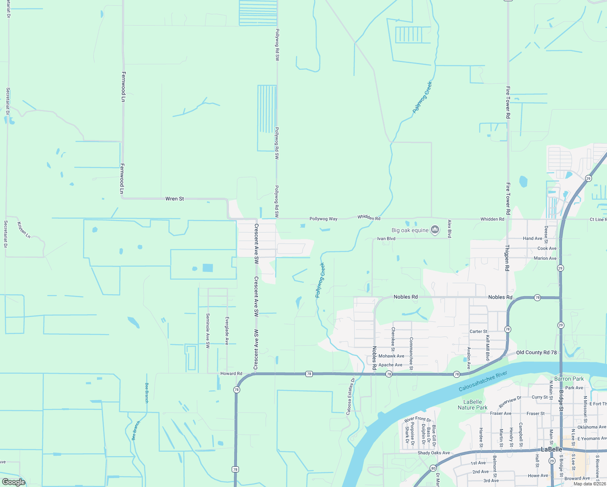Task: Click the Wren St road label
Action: pyautogui.click(x=174, y=199)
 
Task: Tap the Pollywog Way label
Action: pyautogui.click(x=323, y=219)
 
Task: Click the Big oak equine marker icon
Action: pyautogui.click(x=435, y=230)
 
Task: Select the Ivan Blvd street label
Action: pyautogui.click(x=386, y=239)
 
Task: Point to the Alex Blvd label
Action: pyautogui.click(x=450, y=229)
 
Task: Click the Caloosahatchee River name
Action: pyautogui.click(x=483, y=381)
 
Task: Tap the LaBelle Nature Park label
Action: pyautogui.click(x=473, y=405)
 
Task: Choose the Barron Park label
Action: pyautogui.click(x=569, y=379)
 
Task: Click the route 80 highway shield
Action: pyautogui.click(x=433, y=468)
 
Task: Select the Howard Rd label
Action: pyautogui.click(x=231, y=373)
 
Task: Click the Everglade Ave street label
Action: pyautogui.click(x=227, y=331)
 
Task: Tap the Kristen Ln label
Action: pyautogui.click(x=24, y=230)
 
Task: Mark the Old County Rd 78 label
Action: pyautogui.click(x=536, y=353)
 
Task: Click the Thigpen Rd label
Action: pyautogui.click(x=507, y=258)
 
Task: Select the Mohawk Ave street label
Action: pyautogui.click(x=391, y=356)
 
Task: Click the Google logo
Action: pyautogui.click(x=13, y=482)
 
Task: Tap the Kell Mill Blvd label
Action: pyautogui.click(x=488, y=348)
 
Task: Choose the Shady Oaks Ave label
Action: pyautogui.click(x=433, y=453)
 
